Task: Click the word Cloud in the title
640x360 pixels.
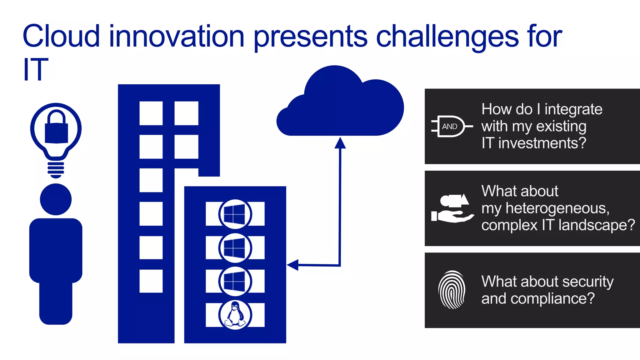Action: (61, 36)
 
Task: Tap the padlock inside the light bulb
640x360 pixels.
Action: (56, 128)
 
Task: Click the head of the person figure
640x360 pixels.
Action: (56, 199)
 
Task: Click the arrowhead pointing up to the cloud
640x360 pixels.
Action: (340, 143)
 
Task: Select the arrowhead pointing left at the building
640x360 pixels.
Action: (293, 265)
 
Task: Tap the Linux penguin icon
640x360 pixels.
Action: (235, 315)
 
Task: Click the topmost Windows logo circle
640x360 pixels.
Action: (235, 214)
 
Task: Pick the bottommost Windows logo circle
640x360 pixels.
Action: (235, 281)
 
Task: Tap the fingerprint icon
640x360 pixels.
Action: (452, 290)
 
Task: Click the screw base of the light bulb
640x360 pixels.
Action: (56, 169)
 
